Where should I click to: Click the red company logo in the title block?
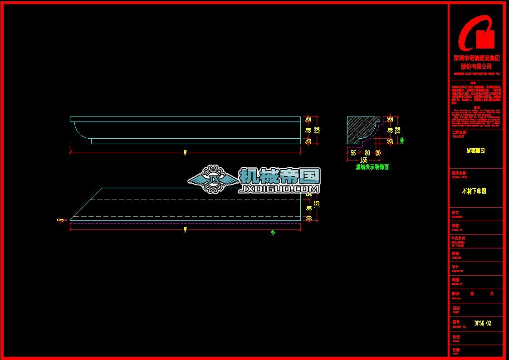point(476,33)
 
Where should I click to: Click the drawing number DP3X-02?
point(483,323)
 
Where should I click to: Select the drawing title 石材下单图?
point(474,191)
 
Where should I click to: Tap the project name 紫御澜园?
point(475,151)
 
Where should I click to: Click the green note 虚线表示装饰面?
point(372,167)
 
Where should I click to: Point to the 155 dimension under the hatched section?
point(363,160)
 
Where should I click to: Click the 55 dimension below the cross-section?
point(353,153)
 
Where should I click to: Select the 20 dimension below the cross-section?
point(377,153)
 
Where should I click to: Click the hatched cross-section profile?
point(358,129)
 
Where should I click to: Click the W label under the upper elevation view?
point(185,152)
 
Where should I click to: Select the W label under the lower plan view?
point(185,230)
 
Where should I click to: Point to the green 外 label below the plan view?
point(273,233)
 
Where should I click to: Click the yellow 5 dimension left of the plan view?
point(59,221)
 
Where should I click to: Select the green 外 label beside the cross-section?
point(402,141)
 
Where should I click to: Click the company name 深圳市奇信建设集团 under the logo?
point(476,58)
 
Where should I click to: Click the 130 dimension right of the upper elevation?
point(317,130)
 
